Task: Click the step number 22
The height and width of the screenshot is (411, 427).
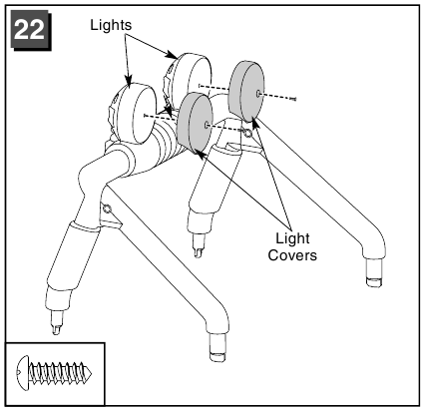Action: [x=30, y=30]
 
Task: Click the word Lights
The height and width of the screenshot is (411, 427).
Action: [x=111, y=25]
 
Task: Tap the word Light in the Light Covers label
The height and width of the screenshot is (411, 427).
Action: [x=292, y=238]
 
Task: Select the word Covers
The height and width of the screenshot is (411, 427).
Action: [x=292, y=255]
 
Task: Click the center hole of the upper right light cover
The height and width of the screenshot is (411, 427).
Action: [x=258, y=94]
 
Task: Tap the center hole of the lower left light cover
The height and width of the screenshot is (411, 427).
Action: [x=208, y=125]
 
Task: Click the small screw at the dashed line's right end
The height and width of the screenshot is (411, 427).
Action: [x=293, y=99]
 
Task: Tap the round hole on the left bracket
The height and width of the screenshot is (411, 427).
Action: [x=107, y=209]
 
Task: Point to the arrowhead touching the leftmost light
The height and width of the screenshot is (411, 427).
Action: [x=129, y=80]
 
